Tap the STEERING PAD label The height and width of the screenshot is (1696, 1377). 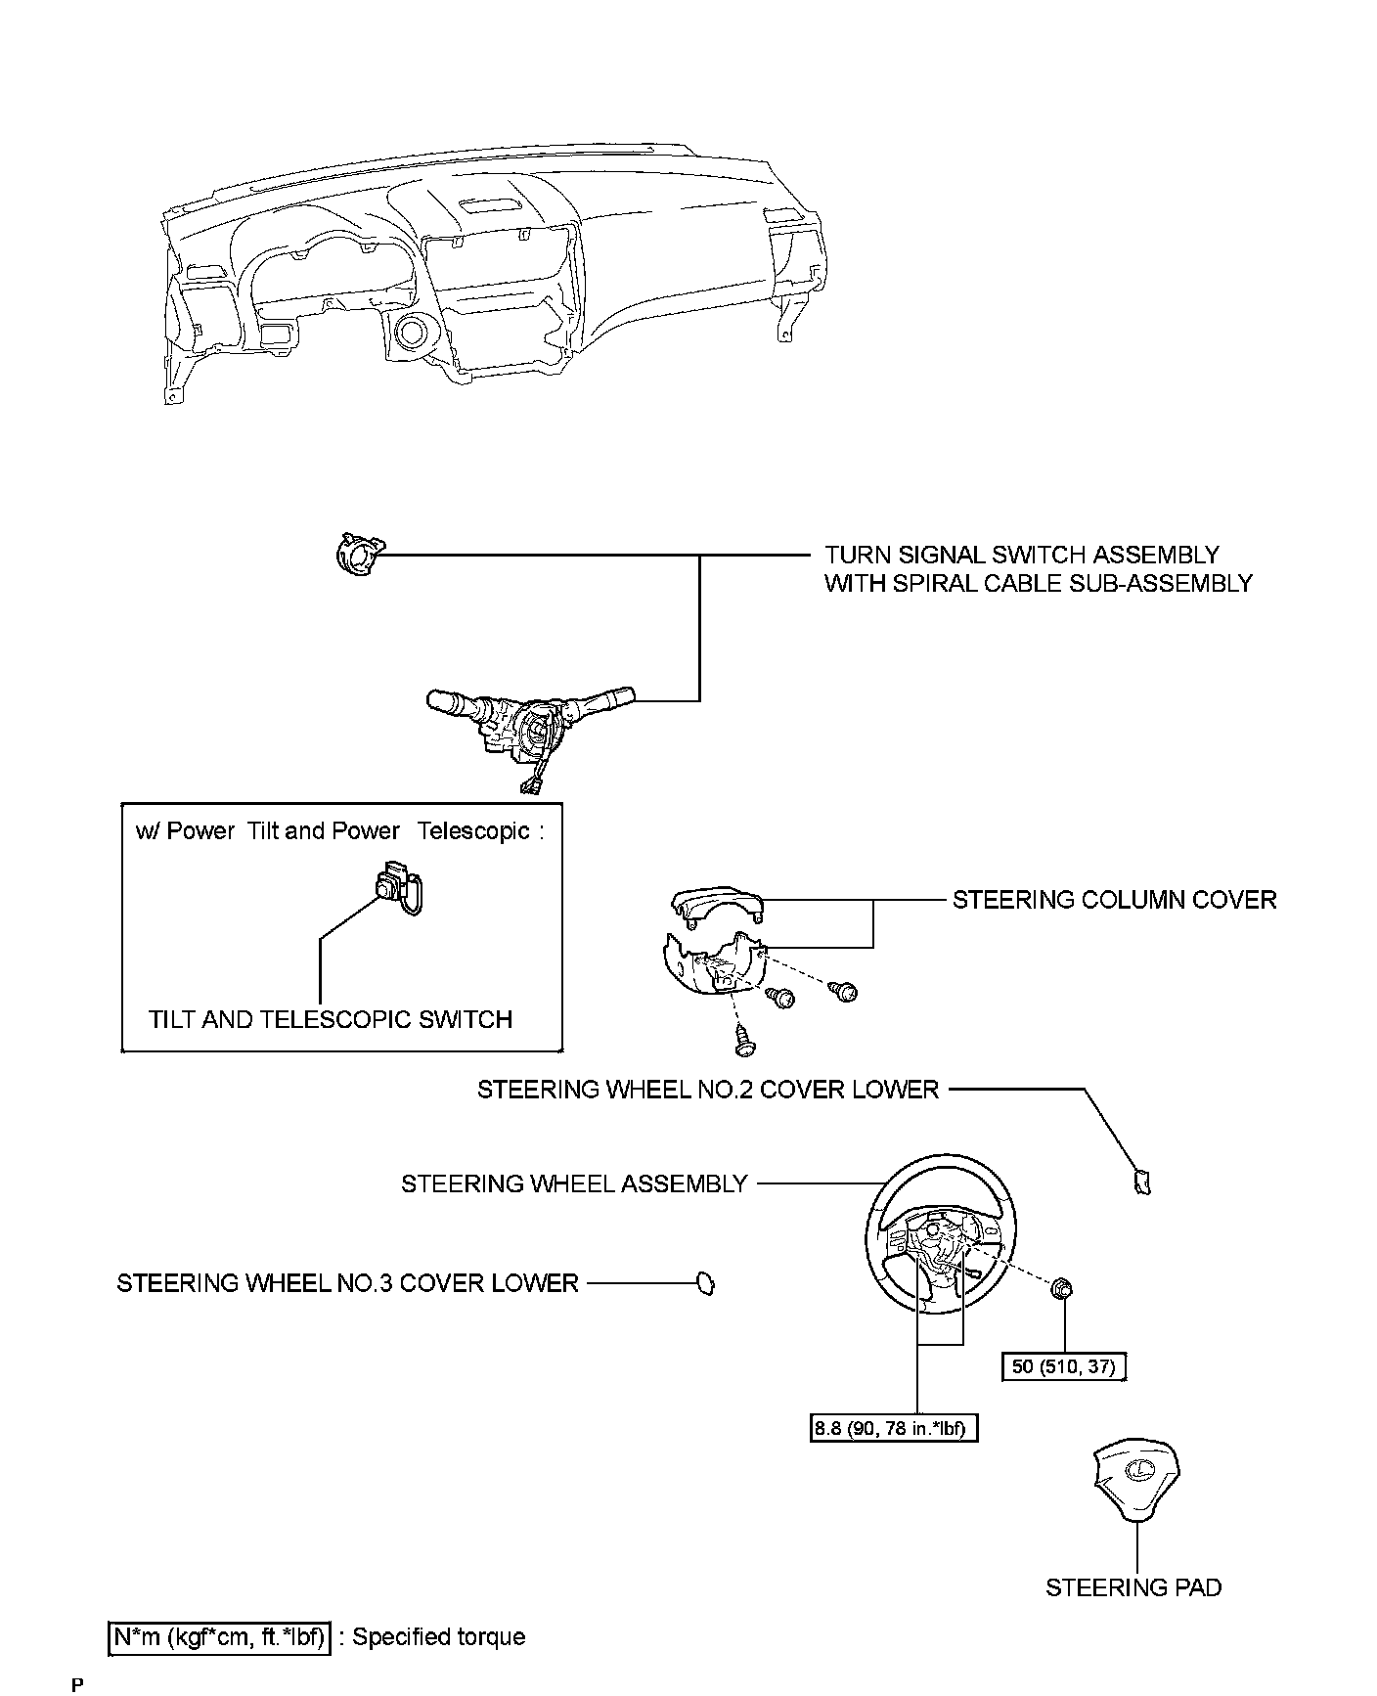click(1133, 1586)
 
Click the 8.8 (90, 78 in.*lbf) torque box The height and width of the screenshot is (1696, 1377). click(895, 1429)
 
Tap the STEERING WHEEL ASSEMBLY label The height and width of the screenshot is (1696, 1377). click(574, 1183)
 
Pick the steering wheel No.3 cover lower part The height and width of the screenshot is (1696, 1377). click(705, 1283)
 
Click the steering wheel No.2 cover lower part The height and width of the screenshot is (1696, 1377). click(1141, 1183)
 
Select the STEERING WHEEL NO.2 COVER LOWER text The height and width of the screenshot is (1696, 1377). click(707, 1089)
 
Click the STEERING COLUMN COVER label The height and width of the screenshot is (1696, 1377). click(1114, 900)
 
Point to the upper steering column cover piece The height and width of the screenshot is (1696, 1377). click(717, 904)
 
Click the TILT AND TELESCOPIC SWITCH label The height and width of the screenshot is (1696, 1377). click(331, 1019)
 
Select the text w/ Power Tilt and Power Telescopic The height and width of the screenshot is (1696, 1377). click(338, 831)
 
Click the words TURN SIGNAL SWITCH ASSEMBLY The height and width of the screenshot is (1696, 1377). click(1022, 555)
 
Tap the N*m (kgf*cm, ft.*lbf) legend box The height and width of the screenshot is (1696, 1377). click(219, 1636)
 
